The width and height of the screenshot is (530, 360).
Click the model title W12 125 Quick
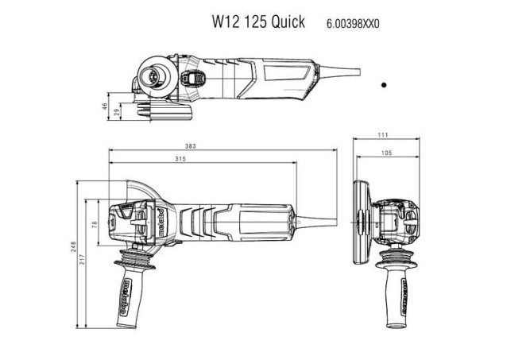click(257, 22)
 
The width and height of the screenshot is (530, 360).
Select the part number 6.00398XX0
click(353, 24)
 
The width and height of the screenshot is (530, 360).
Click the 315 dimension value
click(180, 160)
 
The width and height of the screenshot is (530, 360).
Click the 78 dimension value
click(94, 225)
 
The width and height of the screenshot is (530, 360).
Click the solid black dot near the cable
click(383, 83)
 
